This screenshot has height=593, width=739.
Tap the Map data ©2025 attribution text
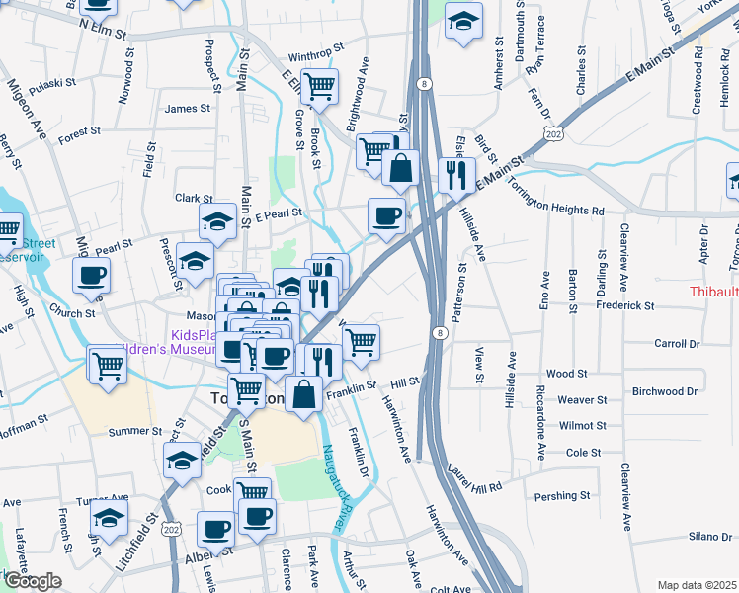(x=697, y=585)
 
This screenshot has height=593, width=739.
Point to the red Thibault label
(x=713, y=292)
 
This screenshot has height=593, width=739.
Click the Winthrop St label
(x=316, y=46)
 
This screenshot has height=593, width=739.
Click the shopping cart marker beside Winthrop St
(x=319, y=88)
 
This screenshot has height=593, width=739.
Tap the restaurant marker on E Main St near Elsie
(x=455, y=175)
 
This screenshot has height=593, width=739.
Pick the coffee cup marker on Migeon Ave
(x=92, y=276)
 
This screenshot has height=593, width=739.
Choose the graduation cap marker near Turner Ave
(x=110, y=517)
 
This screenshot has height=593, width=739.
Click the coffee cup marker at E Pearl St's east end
(x=386, y=214)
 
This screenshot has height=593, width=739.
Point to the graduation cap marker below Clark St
(x=217, y=221)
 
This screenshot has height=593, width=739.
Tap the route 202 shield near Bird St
(x=553, y=132)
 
